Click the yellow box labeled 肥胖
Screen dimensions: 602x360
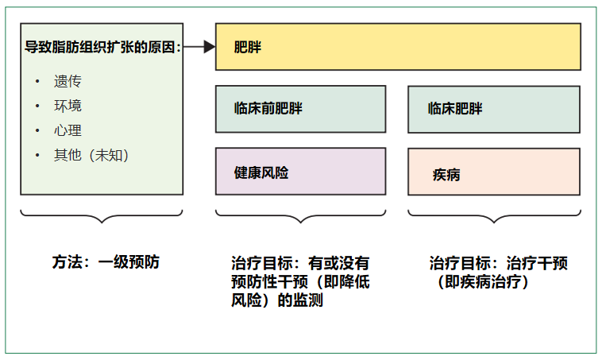[x=398, y=47]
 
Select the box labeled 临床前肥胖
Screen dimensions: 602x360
[x=301, y=109]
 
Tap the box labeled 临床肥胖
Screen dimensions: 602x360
[x=494, y=110]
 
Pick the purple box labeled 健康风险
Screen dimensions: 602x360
[x=301, y=172]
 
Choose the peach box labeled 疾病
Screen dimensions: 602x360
[x=494, y=172]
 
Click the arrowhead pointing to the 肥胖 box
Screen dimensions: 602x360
[x=210, y=47]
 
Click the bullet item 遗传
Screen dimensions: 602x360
[x=68, y=81]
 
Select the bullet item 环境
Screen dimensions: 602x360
[x=68, y=106]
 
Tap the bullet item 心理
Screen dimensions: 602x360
[x=68, y=130]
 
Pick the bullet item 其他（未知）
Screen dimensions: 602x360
[x=91, y=155]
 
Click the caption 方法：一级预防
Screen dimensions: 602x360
[x=106, y=262]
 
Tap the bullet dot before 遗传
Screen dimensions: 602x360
[x=37, y=81]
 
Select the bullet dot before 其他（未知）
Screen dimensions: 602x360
[x=37, y=155]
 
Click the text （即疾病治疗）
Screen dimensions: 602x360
[x=482, y=282]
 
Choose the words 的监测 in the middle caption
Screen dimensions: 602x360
[x=300, y=300]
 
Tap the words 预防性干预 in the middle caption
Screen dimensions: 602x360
[x=269, y=282]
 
